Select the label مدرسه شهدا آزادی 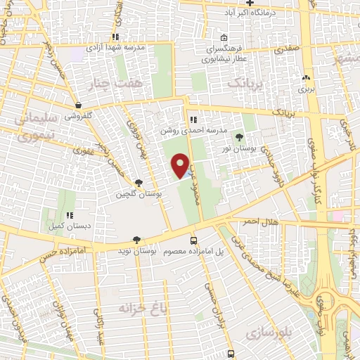tap(116, 47)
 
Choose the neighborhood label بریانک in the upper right tap(243, 82)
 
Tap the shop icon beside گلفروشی tap(78, 105)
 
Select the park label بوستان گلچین tap(139, 193)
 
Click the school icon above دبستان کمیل tap(70, 216)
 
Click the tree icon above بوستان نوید tap(136, 240)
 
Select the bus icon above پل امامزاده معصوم tap(194, 240)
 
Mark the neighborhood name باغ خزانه tap(125, 309)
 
